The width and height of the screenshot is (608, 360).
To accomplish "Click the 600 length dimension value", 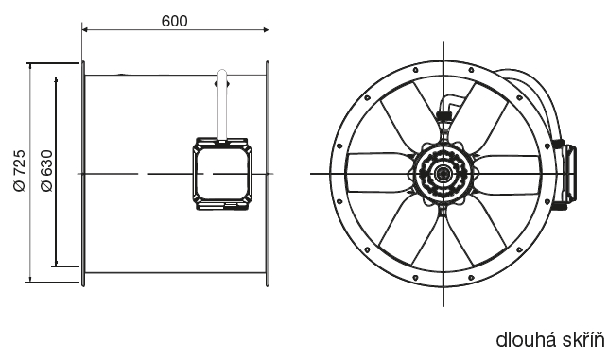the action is tap(175, 21).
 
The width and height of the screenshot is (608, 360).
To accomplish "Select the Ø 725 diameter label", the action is tap(20, 170).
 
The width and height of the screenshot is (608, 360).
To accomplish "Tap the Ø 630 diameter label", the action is tap(46, 170).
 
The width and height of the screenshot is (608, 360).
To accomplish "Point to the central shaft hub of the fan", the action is tap(443, 173).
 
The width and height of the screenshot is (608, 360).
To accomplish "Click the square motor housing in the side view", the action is tap(222, 174).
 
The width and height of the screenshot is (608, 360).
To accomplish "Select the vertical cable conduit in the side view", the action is tap(222, 105).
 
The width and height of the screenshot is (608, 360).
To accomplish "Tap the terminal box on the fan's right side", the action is tap(567, 173).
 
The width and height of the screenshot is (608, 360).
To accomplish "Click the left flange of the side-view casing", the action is tap(83, 174).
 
